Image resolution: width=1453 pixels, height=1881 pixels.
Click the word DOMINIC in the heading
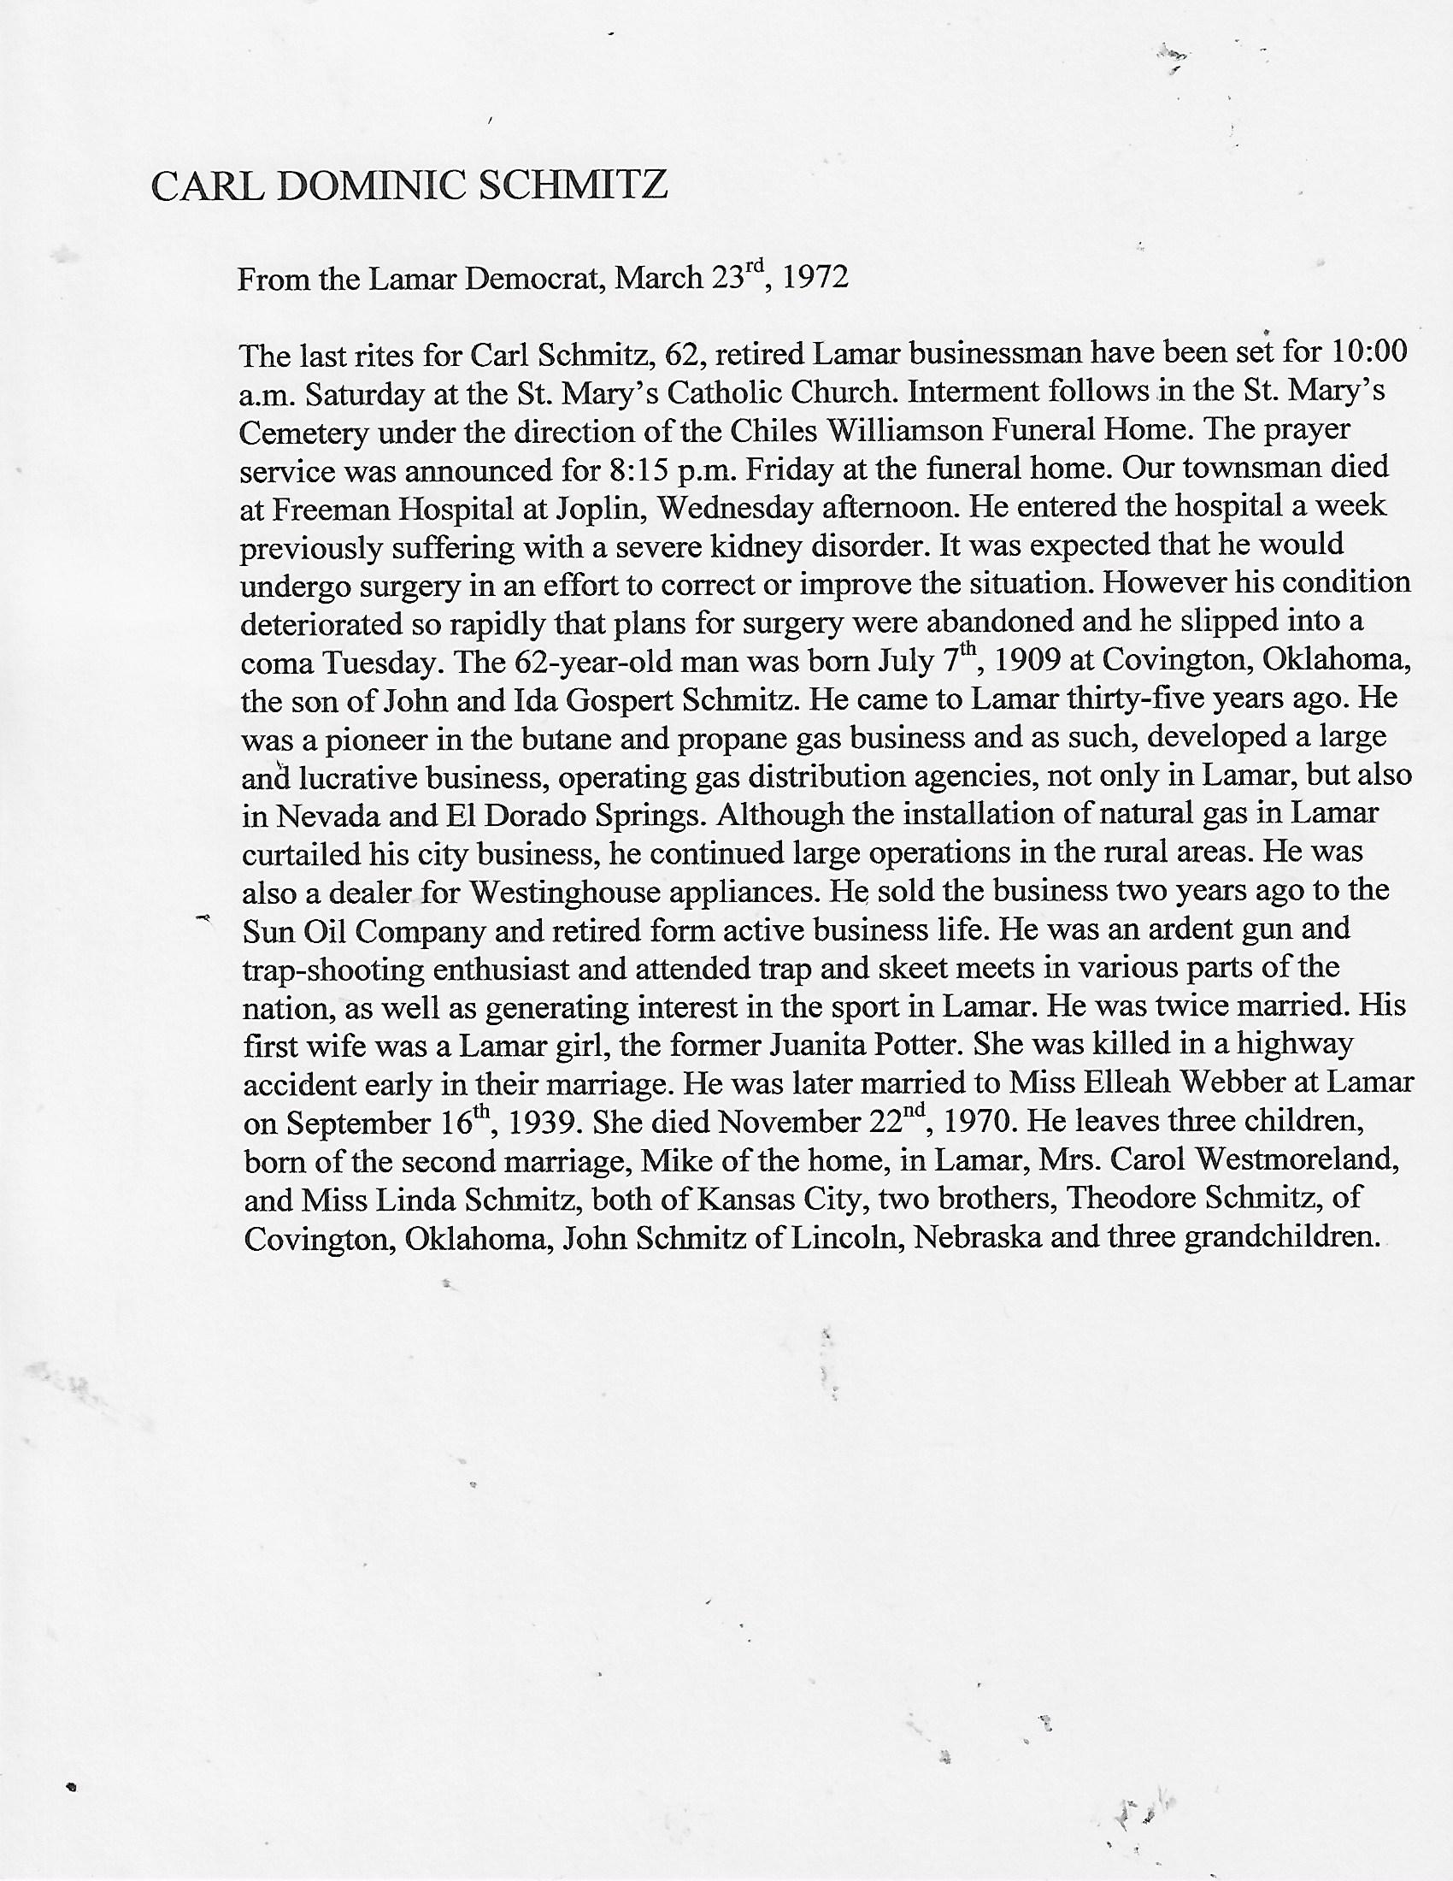(372, 187)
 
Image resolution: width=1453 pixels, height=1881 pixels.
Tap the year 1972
(816, 278)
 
